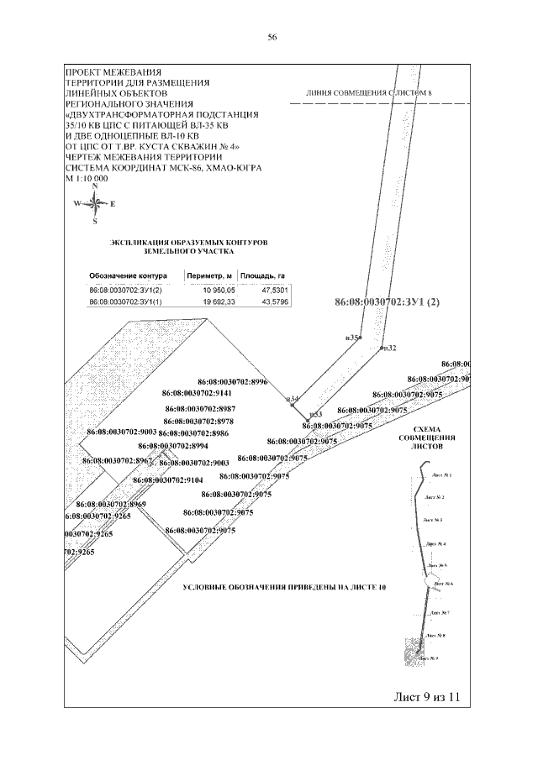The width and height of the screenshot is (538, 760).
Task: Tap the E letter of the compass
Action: pyautogui.click(x=113, y=204)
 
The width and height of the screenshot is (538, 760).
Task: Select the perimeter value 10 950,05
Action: pyautogui.click(x=210, y=290)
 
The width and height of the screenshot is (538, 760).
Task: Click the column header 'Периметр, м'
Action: pyautogui.click(x=209, y=275)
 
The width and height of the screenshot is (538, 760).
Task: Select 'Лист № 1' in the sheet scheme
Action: pyautogui.click(x=442, y=475)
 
